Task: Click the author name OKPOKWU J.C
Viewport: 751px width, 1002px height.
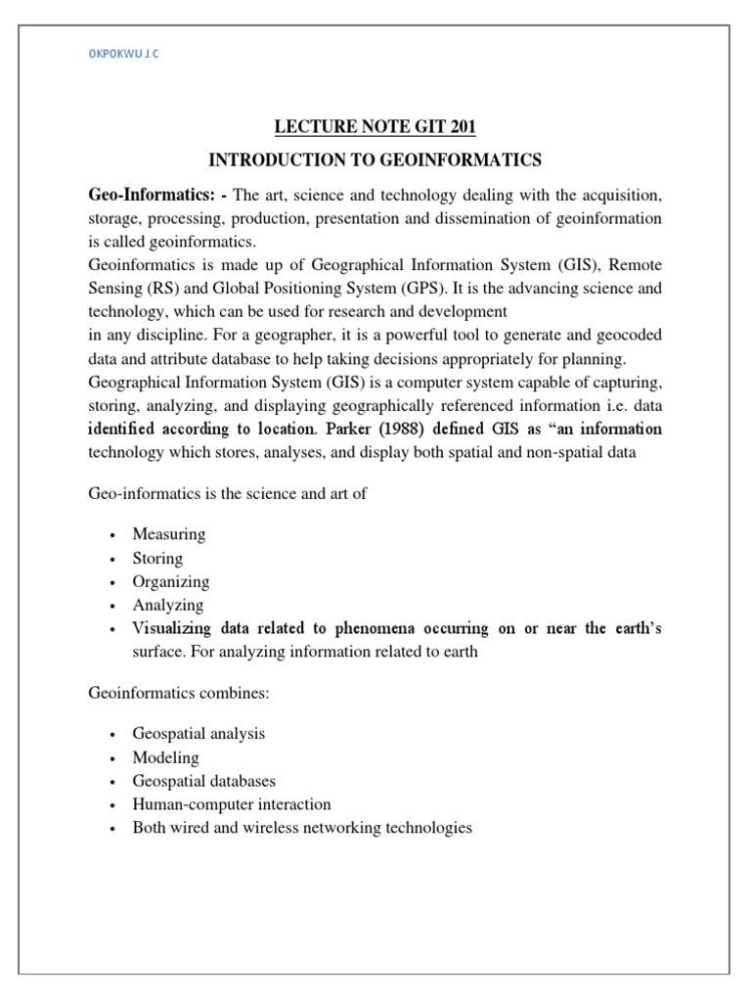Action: [x=122, y=55]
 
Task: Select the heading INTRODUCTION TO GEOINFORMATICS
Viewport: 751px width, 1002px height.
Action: [x=375, y=159]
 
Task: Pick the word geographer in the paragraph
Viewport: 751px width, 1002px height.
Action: [x=288, y=335]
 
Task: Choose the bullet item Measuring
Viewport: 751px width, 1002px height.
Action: [x=169, y=534]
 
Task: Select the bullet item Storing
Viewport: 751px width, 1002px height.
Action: [x=158, y=558]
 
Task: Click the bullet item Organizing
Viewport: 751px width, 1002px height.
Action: [x=171, y=581]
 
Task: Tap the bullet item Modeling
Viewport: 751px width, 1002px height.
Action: [x=166, y=757]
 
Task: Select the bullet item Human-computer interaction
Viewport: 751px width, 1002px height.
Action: [x=232, y=804]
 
